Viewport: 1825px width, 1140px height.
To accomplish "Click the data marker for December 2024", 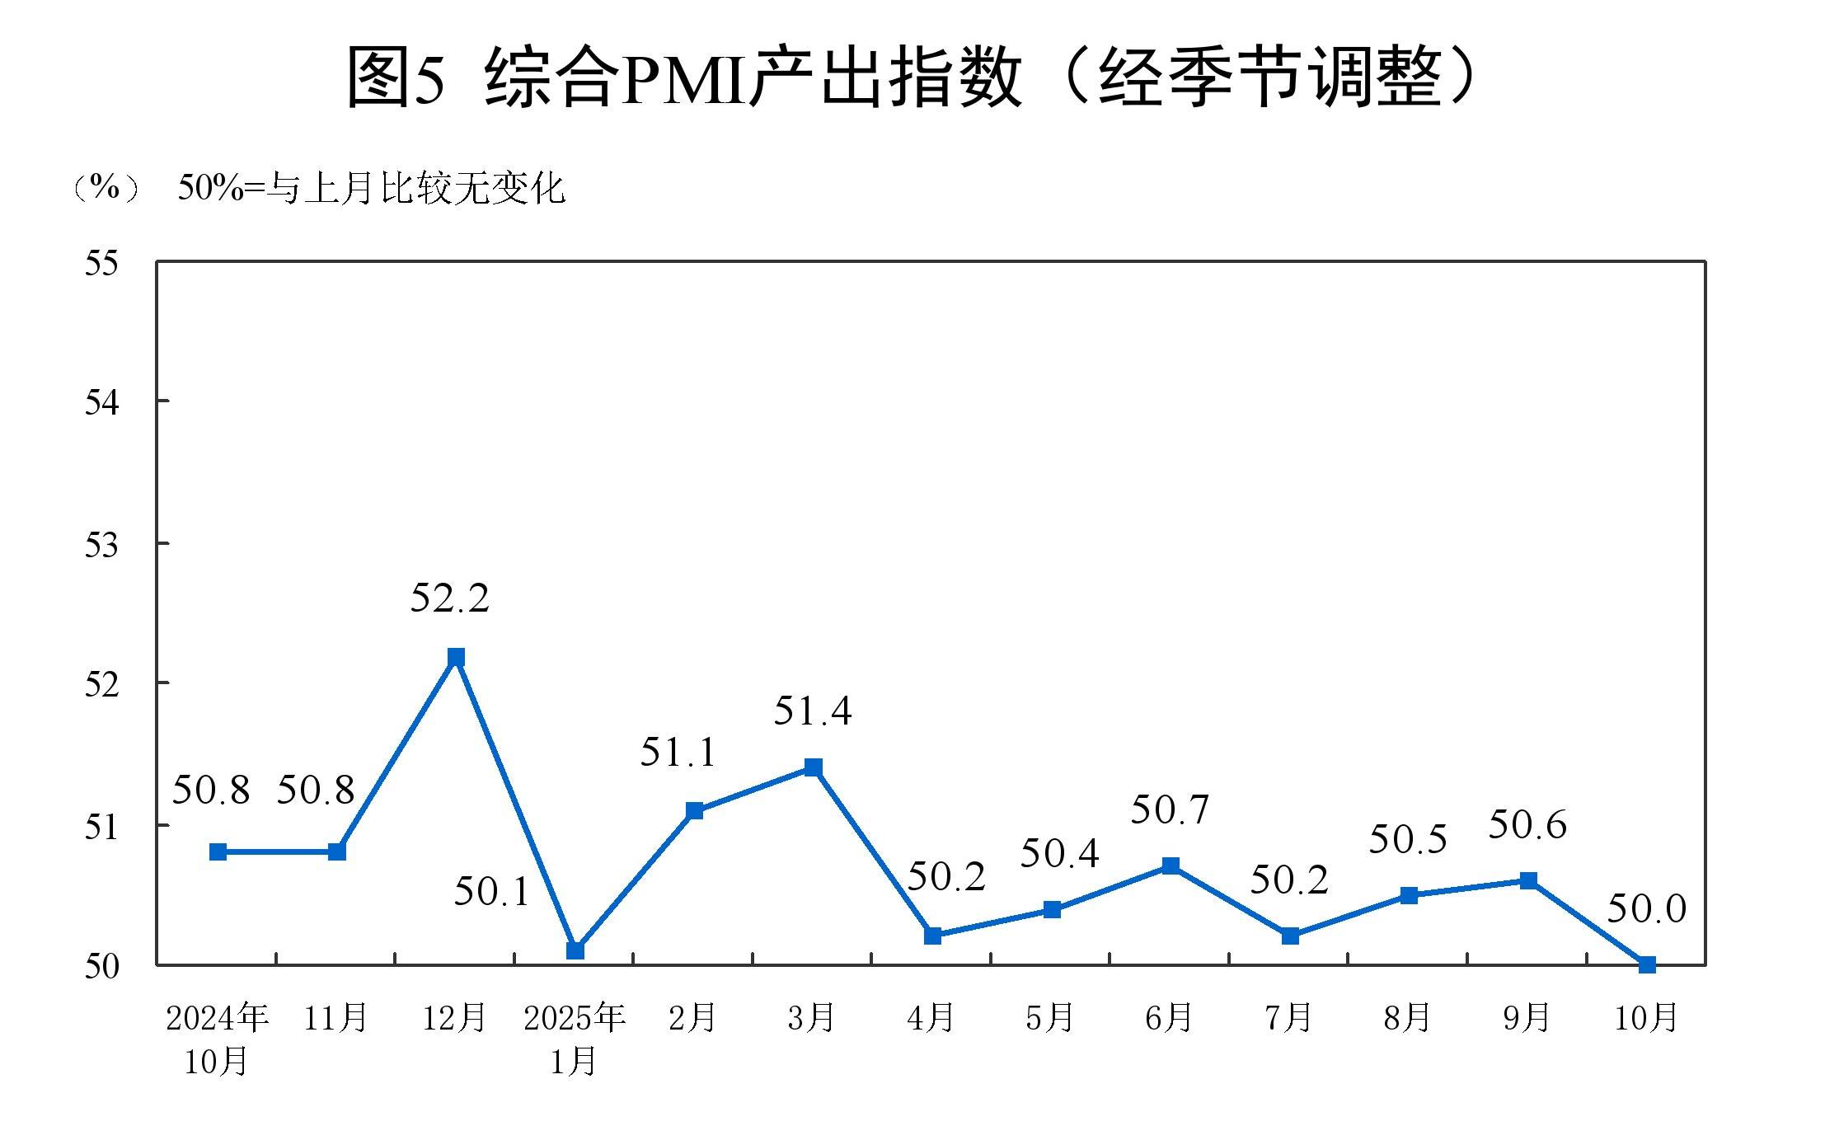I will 456,657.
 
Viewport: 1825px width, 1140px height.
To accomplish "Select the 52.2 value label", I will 449,598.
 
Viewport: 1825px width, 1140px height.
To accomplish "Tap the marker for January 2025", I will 575,950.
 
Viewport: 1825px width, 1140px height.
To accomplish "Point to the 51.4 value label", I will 812,711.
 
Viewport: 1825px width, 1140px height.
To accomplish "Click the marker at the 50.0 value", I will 1647,964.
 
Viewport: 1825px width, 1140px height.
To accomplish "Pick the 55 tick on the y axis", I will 101,264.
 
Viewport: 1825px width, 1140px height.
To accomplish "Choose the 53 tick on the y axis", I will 101,545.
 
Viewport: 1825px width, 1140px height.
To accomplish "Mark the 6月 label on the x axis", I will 1168,1019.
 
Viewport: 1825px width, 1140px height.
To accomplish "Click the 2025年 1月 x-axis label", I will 575,1039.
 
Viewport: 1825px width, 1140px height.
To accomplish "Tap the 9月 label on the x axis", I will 1526,1019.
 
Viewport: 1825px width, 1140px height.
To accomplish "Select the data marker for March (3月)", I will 814,767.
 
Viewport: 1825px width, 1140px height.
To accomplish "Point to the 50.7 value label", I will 1170,809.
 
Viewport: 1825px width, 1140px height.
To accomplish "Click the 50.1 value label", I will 492,892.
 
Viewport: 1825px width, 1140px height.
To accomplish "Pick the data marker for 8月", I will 1409,895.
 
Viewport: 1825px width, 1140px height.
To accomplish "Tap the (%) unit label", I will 106,188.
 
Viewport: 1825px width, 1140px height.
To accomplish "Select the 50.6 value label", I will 1527,824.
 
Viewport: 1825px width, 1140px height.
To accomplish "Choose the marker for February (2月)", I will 694,810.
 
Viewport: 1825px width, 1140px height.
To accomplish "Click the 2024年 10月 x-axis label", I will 217,1039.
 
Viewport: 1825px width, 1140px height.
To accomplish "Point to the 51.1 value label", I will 678,752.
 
